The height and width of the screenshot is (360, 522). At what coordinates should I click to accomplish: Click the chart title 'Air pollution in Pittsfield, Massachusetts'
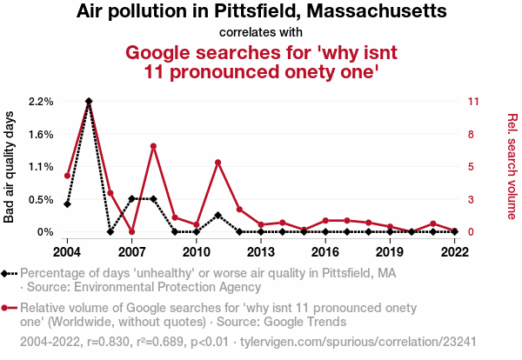click(x=261, y=12)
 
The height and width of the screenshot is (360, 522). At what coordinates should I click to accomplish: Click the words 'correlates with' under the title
click(x=261, y=32)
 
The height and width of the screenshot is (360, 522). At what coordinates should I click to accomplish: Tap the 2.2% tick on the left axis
click(x=41, y=102)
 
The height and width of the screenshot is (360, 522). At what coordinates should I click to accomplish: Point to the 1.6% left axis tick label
click(x=41, y=134)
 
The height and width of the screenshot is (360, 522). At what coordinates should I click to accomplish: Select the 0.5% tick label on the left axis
click(x=41, y=199)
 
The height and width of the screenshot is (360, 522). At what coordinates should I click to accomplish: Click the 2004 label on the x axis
click(x=67, y=252)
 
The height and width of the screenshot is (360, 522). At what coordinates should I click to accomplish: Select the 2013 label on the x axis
click(x=260, y=252)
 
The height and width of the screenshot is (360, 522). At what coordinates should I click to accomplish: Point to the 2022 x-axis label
click(x=454, y=252)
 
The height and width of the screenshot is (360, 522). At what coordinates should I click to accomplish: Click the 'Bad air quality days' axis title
click(x=10, y=166)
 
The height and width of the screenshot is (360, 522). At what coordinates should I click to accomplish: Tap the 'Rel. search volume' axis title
click(x=512, y=166)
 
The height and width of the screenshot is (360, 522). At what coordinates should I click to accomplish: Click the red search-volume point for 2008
click(x=153, y=146)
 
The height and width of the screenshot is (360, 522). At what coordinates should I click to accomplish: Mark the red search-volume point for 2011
click(x=217, y=163)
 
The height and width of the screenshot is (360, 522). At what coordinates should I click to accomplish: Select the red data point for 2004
click(x=67, y=176)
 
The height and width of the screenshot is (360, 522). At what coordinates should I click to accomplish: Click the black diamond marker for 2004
click(x=67, y=204)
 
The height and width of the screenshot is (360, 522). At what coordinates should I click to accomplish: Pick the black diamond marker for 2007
click(x=131, y=199)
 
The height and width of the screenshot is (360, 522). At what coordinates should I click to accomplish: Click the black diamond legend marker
click(x=8, y=273)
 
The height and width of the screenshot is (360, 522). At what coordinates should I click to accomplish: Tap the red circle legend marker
click(x=8, y=308)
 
